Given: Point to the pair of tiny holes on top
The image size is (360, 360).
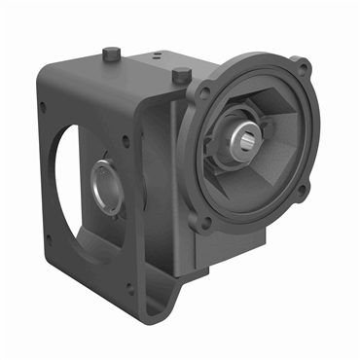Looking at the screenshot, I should [x=153, y=59].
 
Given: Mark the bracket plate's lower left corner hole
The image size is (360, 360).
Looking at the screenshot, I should [x=50, y=237].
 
